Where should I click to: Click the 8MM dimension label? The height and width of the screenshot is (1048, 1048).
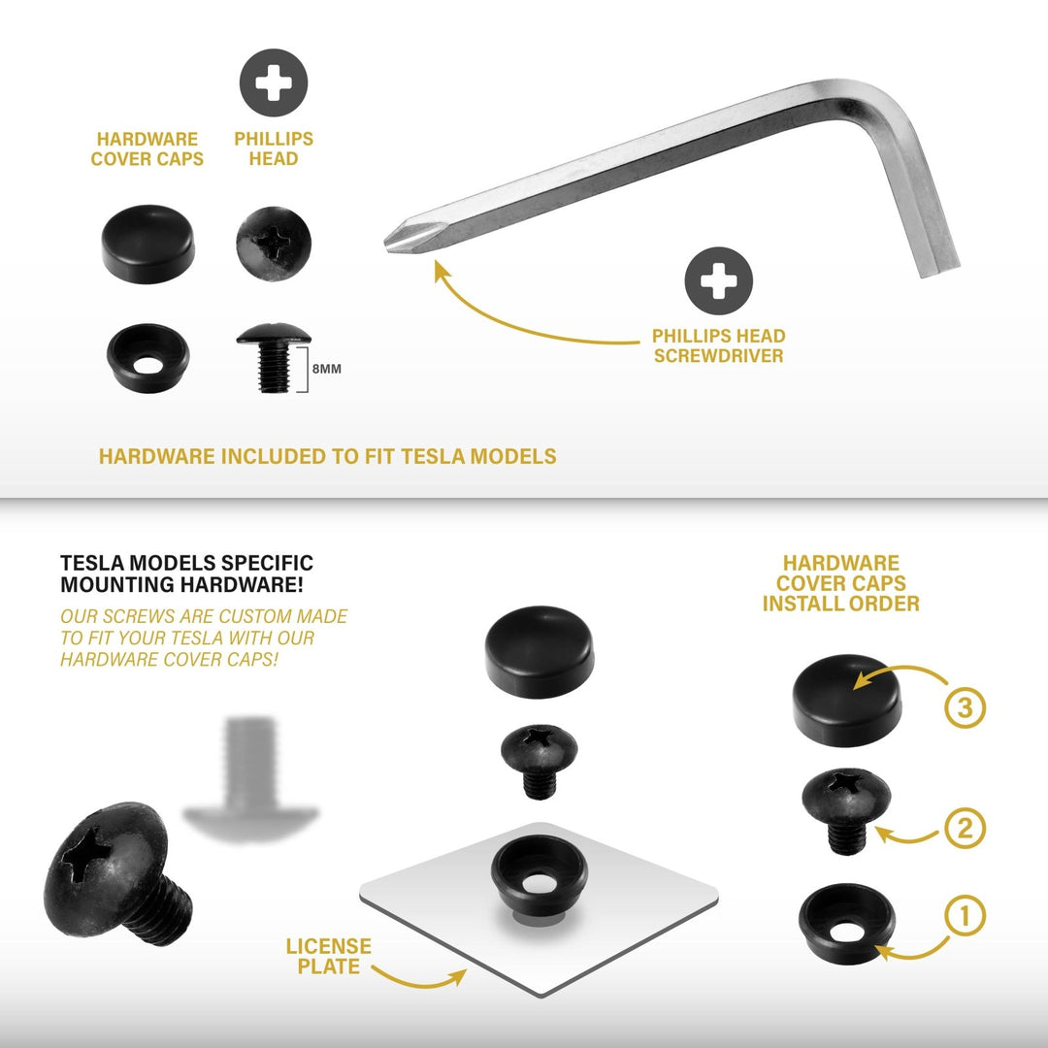pyautogui.click(x=327, y=369)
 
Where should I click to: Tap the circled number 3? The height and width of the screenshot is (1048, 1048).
pyautogui.click(x=965, y=707)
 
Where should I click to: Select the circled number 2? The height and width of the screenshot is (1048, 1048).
pyautogui.click(x=965, y=828)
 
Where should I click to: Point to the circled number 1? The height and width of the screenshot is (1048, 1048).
pyautogui.click(x=965, y=916)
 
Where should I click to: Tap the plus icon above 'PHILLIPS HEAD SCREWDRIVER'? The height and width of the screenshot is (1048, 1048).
pyautogui.click(x=718, y=280)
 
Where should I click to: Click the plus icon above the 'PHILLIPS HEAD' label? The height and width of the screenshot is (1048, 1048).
pyautogui.click(x=274, y=82)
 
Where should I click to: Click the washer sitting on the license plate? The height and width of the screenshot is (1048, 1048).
pyautogui.click(x=540, y=875)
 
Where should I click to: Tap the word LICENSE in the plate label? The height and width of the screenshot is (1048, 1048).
pyautogui.click(x=329, y=946)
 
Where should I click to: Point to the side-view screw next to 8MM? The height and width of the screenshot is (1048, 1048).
pyautogui.click(x=274, y=357)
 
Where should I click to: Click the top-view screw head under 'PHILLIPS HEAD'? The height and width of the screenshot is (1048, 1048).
pyautogui.click(x=274, y=244)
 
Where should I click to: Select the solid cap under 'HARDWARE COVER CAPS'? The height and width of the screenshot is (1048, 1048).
pyautogui.click(x=147, y=244)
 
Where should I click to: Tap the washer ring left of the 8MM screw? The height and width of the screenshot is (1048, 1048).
pyautogui.click(x=147, y=357)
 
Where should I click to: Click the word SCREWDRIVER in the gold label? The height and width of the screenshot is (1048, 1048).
pyautogui.click(x=718, y=355)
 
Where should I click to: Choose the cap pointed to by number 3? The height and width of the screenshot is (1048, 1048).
pyautogui.click(x=847, y=700)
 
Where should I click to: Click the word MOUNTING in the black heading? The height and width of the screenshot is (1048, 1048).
pyautogui.click(x=118, y=585)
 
